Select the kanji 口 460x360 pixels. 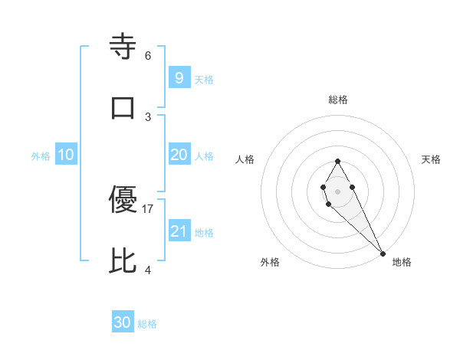tap(123, 106)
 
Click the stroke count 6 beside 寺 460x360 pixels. tap(148, 55)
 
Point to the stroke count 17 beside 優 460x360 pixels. tap(148, 208)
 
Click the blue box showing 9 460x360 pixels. tap(179, 77)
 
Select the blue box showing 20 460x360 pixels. tap(179, 155)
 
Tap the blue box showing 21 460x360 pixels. tap(179, 231)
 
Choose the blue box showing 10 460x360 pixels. tap(66, 155)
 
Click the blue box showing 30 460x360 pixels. tap(123, 322)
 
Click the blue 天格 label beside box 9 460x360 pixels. tap(204, 79)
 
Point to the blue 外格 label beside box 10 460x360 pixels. tap(41, 156)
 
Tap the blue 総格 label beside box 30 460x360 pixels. tap(148, 324)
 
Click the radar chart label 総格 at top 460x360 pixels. tap(338, 100)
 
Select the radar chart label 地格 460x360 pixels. tap(402, 262)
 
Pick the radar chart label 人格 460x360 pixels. tap(245, 159)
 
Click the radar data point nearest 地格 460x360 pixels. tap(383, 254)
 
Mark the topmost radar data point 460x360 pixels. tap(337, 161)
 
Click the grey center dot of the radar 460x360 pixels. tap(337, 190)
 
